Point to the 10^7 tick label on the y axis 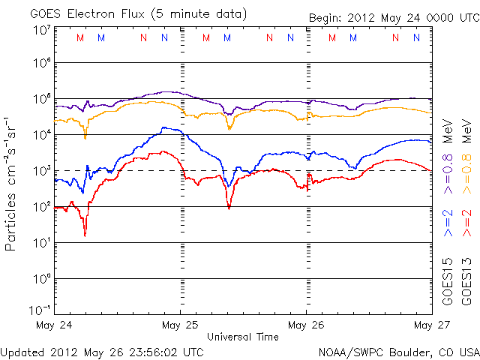pos(41,31)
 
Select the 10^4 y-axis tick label pos(41,135)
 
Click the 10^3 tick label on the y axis pos(41,171)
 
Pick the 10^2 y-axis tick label pos(41,207)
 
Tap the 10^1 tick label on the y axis pos(41,243)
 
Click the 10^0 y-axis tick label pos(41,279)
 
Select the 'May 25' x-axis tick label pos(181,325)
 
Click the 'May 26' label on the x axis pos(306,325)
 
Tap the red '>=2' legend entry pos(466,222)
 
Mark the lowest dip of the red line pos(85,235)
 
